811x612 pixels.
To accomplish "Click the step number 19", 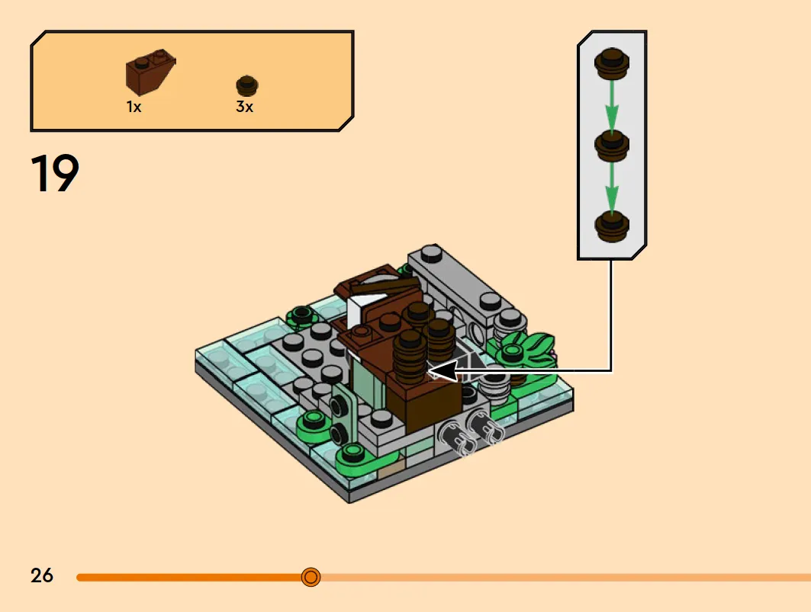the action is click(55, 173).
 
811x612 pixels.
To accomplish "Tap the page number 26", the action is click(42, 575).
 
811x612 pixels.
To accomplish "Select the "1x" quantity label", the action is click(134, 107).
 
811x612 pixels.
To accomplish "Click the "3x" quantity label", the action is click(245, 107).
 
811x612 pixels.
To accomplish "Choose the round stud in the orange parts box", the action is click(247, 86).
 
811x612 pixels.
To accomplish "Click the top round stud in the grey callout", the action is click(612, 63).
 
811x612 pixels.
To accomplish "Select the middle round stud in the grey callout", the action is click(612, 146).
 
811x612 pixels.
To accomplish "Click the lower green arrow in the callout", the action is click(612, 186).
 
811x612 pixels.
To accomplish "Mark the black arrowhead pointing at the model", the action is click(444, 370).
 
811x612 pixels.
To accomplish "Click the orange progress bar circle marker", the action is click(311, 576).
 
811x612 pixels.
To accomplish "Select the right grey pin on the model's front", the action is click(485, 427).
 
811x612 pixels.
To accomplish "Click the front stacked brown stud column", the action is click(410, 356).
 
